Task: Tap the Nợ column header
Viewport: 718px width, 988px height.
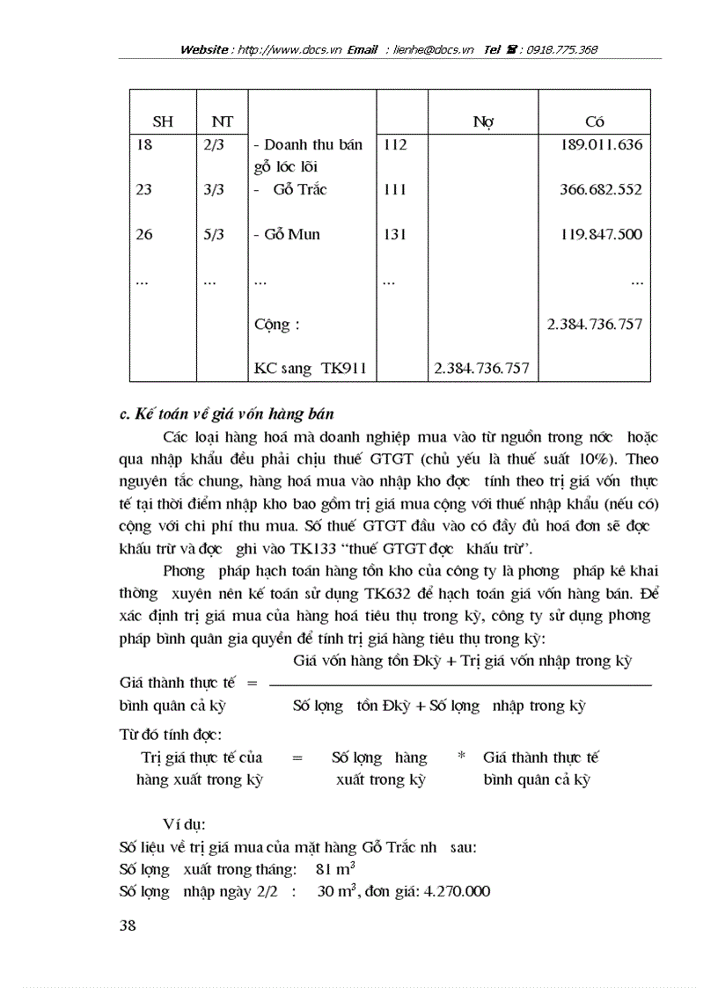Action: (482, 122)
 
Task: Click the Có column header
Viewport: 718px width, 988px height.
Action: (594, 122)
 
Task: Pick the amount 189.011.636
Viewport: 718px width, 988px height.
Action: (601, 145)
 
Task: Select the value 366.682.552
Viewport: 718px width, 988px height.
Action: (601, 190)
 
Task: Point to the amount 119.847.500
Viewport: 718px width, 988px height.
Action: (601, 235)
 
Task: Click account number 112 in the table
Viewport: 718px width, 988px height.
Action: (396, 145)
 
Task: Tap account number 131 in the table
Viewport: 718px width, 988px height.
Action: (396, 235)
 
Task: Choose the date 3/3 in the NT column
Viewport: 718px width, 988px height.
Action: (213, 190)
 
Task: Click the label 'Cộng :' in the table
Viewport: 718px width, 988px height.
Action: (276, 325)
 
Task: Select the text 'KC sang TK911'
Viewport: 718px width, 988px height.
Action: (309, 369)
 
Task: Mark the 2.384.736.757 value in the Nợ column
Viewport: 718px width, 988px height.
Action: (481, 369)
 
